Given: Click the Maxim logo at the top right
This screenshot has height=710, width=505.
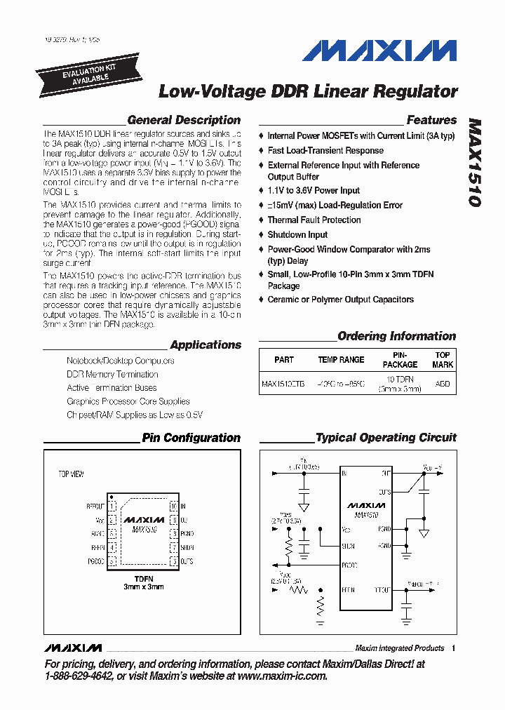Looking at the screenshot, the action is click(x=380, y=51).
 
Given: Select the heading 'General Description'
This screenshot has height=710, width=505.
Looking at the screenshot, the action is click(x=184, y=120).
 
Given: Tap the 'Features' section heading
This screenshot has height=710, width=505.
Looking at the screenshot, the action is click(x=431, y=120).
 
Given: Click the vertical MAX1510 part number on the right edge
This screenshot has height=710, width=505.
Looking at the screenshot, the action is click(x=474, y=161).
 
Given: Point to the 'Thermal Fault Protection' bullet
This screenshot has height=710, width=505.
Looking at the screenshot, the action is click(x=314, y=220).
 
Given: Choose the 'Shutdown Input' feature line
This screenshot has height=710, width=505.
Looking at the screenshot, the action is click(x=297, y=234).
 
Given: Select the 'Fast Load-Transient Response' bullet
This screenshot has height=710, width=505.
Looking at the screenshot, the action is click(x=325, y=150).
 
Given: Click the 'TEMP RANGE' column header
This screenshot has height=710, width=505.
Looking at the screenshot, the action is click(x=341, y=359).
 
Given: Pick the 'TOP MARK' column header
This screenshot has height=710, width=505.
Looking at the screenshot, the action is click(x=443, y=359).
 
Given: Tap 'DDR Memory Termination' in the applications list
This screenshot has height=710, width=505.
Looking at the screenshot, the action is click(x=112, y=374).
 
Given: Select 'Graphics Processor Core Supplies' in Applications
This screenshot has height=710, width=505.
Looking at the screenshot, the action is click(x=128, y=401).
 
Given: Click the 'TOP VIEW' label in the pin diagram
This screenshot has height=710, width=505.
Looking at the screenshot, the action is click(x=71, y=474).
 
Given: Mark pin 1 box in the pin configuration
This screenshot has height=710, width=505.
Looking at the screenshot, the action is click(x=112, y=505).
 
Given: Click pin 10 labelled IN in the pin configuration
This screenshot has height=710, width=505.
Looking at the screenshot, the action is click(x=173, y=505).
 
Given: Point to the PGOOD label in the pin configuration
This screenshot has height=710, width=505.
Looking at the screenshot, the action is click(x=96, y=561).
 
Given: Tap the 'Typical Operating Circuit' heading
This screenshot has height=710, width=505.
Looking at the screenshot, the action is click(x=386, y=438).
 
